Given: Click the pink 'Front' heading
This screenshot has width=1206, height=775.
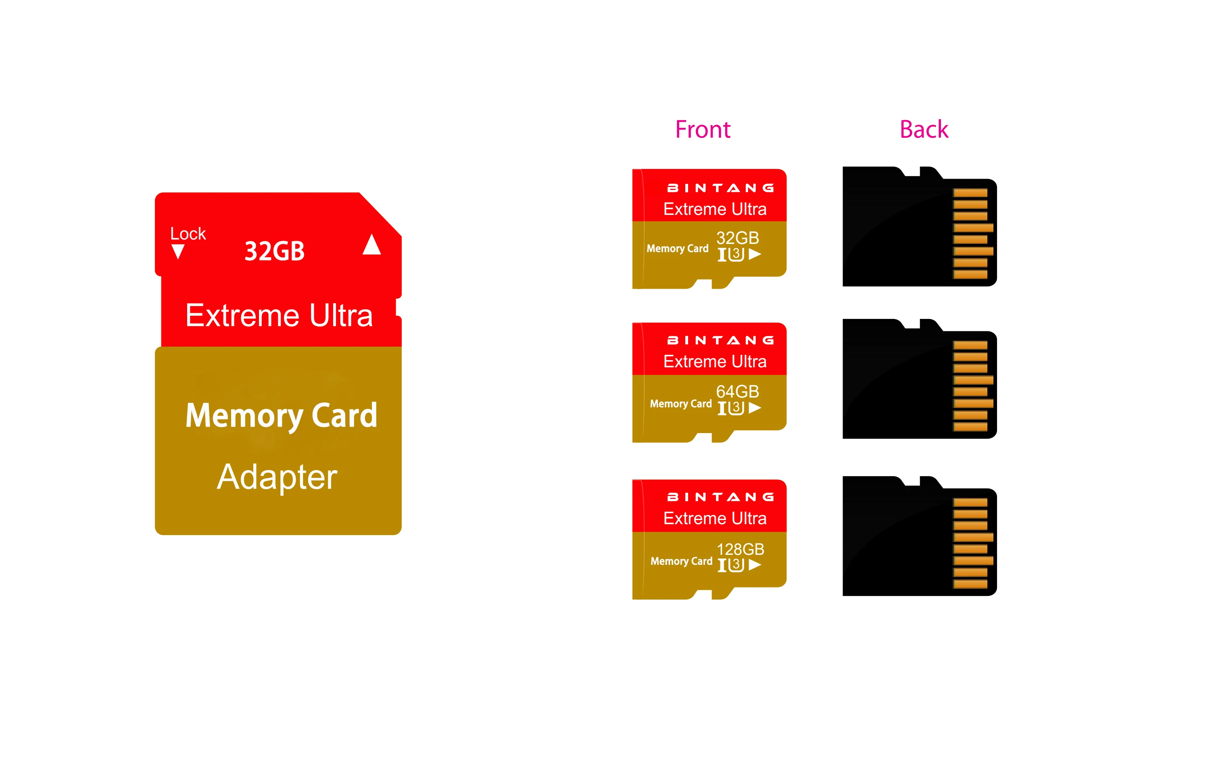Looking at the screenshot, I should click(702, 129).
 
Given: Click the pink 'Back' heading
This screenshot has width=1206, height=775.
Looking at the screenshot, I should click(924, 129).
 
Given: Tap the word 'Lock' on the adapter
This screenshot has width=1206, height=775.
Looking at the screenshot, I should click(188, 233).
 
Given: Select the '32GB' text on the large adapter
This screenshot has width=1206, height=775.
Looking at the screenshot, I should click(274, 251).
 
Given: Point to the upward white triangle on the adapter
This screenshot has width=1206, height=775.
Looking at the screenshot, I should click(371, 245).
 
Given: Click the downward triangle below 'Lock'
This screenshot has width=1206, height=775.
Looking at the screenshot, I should click(178, 251).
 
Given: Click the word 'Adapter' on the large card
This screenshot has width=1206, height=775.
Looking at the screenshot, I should click(277, 477).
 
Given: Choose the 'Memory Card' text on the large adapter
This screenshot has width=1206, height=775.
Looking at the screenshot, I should click(281, 415).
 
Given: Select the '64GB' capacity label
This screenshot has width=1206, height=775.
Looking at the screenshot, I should click(737, 391).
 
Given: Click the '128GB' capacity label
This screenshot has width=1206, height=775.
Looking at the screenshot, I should click(740, 549).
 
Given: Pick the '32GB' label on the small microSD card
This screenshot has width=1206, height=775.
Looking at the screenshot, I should click(737, 237).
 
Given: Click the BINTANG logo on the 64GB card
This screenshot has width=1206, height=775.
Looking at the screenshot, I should click(720, 341).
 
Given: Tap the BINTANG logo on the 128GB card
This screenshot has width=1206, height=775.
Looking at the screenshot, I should click(720, 497).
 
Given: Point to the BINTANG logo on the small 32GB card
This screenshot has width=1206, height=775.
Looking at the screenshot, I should click(720, 188).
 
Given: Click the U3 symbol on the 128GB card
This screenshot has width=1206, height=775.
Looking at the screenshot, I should click(736, 565).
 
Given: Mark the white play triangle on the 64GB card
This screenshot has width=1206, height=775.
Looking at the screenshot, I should click(755, 408).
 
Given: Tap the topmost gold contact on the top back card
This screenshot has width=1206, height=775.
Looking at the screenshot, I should click(970, 193).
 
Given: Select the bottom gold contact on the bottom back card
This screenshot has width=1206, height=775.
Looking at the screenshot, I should click(970, 584).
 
